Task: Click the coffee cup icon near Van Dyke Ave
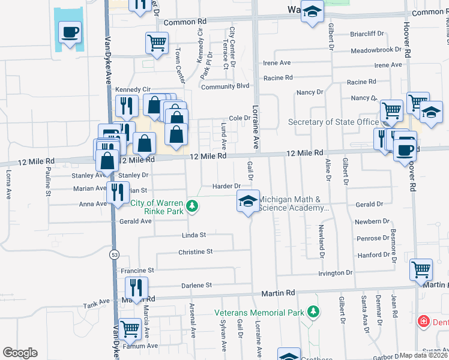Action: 70,31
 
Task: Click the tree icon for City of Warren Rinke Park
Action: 192,206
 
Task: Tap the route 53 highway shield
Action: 113,254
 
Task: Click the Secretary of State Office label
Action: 334,122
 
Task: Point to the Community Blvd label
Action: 225,86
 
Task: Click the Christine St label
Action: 196,252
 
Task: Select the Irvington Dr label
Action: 336,272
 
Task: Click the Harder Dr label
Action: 226,186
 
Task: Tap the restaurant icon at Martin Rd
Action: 136,287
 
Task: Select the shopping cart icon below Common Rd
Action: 157,43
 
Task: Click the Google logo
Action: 20,353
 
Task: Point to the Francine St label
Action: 139,270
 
